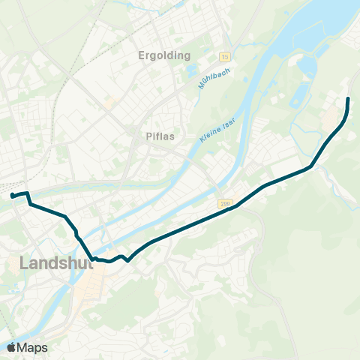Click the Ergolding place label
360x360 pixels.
point(165,55)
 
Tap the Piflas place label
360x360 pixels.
point(159,137)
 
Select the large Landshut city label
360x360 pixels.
point(52,263)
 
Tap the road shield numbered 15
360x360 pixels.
point(224,56)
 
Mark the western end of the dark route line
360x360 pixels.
point(12,196)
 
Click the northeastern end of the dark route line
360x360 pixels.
point(348,99)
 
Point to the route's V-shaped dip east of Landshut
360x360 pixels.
point(128,261)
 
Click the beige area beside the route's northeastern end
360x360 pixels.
point(331,117)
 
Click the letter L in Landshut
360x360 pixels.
point(24,263)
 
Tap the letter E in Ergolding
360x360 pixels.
point(142,55)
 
